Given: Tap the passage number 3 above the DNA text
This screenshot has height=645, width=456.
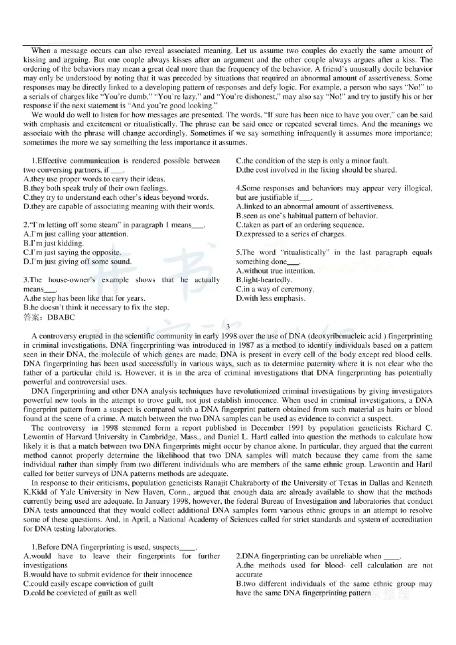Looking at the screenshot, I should pyautogui.click(x=227, y=326).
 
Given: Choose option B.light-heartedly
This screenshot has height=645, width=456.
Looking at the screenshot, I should pyautogui.click(x=264, y=280).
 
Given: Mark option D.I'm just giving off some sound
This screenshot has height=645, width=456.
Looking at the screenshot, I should pyautogui.click(x=78, y=262).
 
